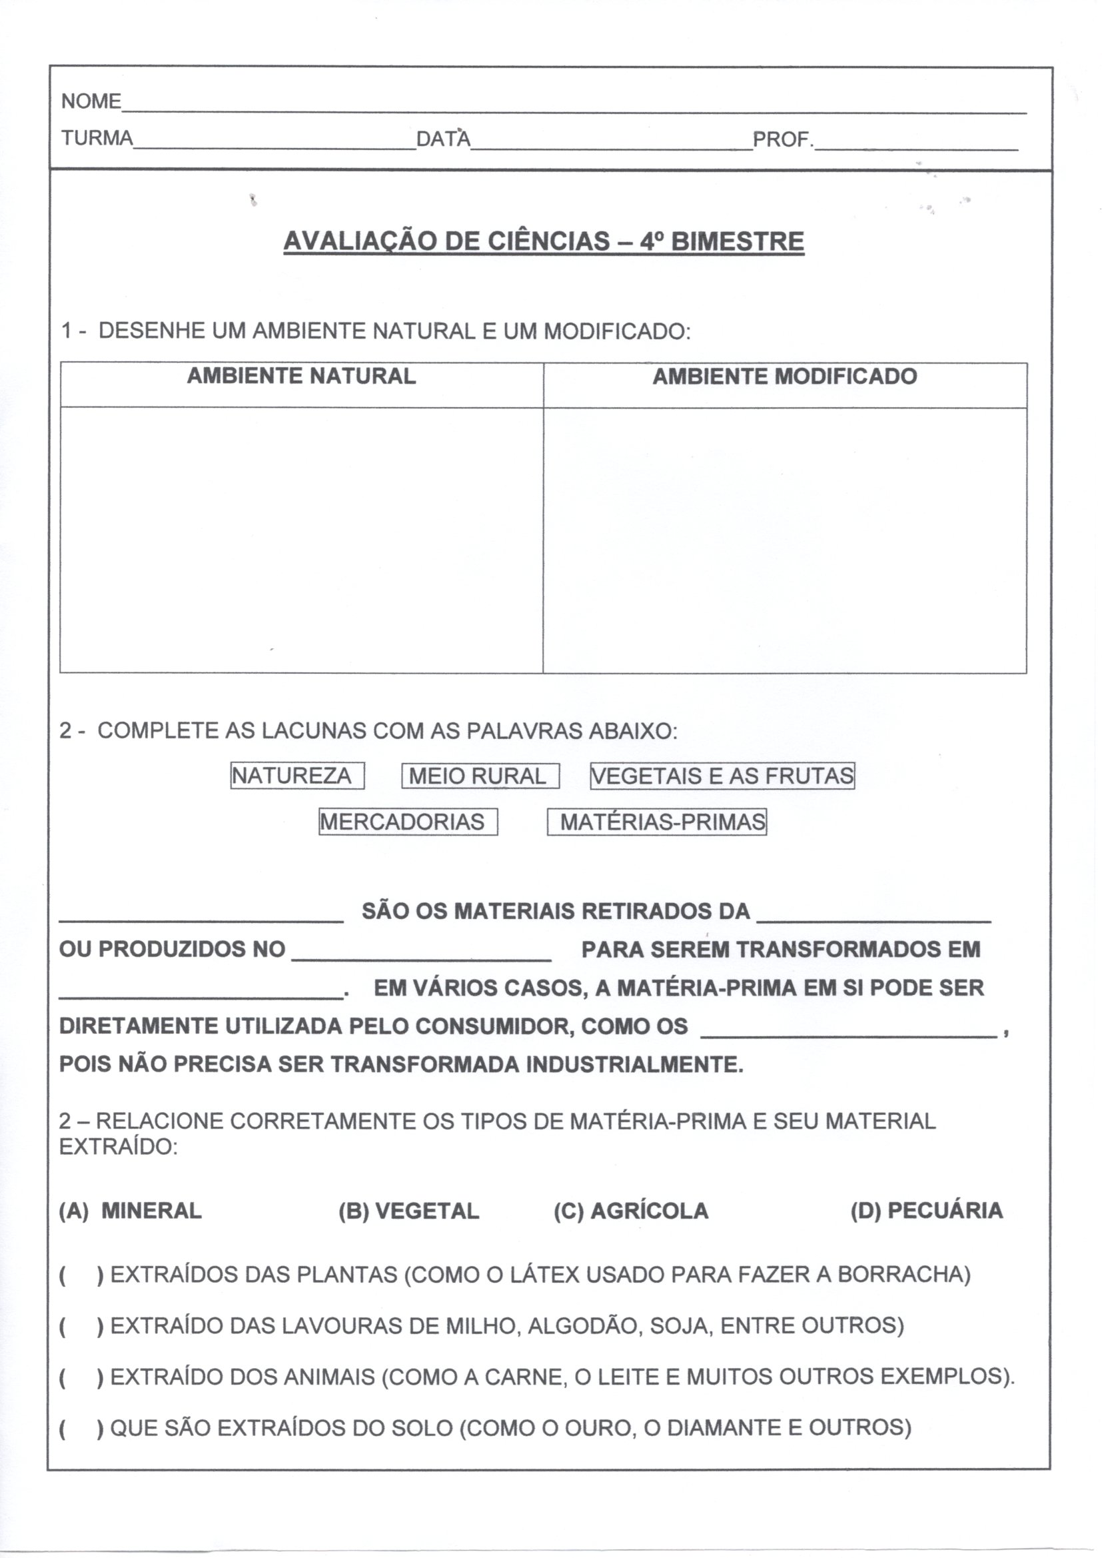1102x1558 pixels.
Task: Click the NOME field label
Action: (x=91, y=102)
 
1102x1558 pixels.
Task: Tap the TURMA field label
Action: (x=97, y=139)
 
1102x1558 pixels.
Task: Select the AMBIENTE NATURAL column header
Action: (x=301, y=377)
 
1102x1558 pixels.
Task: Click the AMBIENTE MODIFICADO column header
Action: (x=784, y=377)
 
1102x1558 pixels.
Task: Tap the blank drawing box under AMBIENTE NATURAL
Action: (x=301, y=540)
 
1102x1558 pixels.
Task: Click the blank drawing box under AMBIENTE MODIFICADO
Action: (x=784, y=540)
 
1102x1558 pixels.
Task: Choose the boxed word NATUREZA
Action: (x=297, y=776)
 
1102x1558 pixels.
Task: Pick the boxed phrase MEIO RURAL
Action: (x=480, y=776)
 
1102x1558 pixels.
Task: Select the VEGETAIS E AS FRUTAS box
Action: (x=722, y=776)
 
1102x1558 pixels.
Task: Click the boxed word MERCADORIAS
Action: (x=408, y=822)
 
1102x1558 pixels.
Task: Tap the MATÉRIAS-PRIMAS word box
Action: (x=657, y=822)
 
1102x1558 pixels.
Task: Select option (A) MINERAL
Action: (x=131, y=1211)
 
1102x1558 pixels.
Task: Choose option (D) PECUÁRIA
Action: (x=926, y=1211)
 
